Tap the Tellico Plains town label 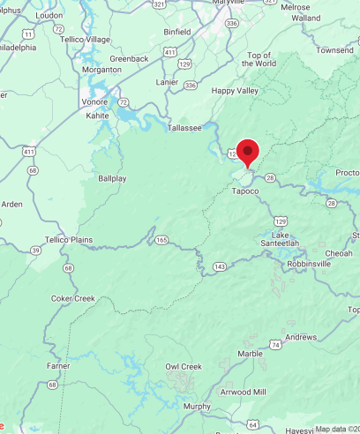tap(69, 239)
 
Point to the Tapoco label tap(245, 191)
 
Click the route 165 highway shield tap(161, 239)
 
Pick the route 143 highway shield tap(219, 266)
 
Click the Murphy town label tap(197, 406)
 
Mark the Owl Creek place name tap(184, 366)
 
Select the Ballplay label tap(112, 177)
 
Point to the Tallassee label tap(184, 128)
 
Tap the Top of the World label tap(261, 59)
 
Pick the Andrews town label tap(301, 337)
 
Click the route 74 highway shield tap(276, 345)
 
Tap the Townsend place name tap(335, 50)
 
